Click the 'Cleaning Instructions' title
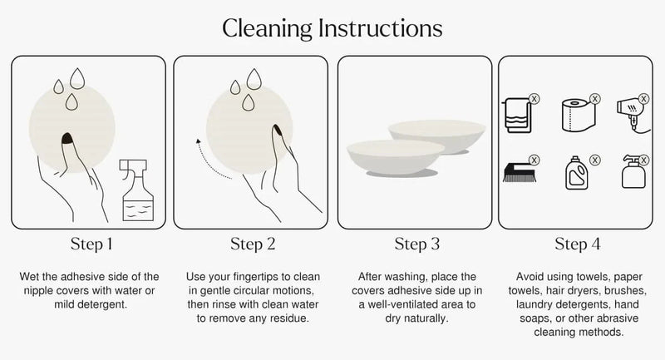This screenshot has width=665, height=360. click(x=332, y=29)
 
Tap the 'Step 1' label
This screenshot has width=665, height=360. click(x=91, y=244)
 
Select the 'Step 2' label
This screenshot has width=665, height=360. click(x=253, y=244)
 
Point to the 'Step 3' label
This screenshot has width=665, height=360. click(x=417, y=244)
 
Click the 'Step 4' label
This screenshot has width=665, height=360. click(x=577, y=244)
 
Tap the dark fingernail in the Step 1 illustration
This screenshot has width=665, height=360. click(x=67, y=138)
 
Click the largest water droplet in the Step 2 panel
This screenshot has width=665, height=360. click(x=254, y=79)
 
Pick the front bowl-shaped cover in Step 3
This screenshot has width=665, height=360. click(x=396, y=157)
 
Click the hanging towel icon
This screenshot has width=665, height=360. click(x=517, y=116)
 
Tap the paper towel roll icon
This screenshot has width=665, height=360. click(x=579, y=115)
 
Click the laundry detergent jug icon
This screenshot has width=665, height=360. click(x=577, y=173)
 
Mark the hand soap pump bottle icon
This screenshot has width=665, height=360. click(x=633, y=172)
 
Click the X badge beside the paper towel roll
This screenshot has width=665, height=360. click(x=595, y=99)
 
